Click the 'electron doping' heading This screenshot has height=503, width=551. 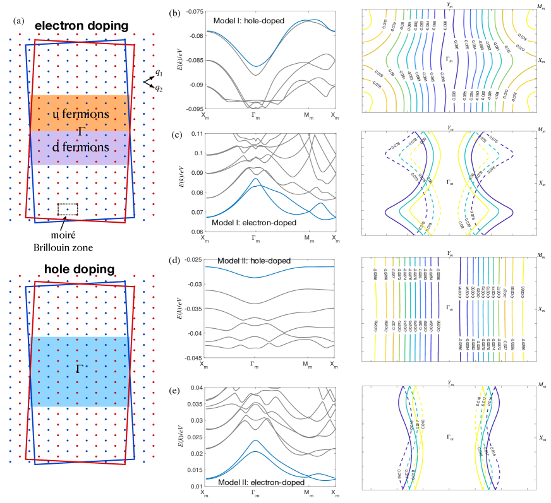[x=82, y=26]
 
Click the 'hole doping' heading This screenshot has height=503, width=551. [x=79, y=269]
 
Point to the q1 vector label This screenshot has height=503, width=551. [x=159, y=73]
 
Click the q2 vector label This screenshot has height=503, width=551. [x=159, y=88]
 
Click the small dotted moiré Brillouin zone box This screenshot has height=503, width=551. [x=68, y=210]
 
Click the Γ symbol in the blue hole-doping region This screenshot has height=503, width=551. [x=79, y=367]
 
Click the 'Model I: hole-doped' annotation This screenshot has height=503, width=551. [x=249, y=21]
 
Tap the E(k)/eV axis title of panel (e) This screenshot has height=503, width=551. [x=180, y=437]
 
